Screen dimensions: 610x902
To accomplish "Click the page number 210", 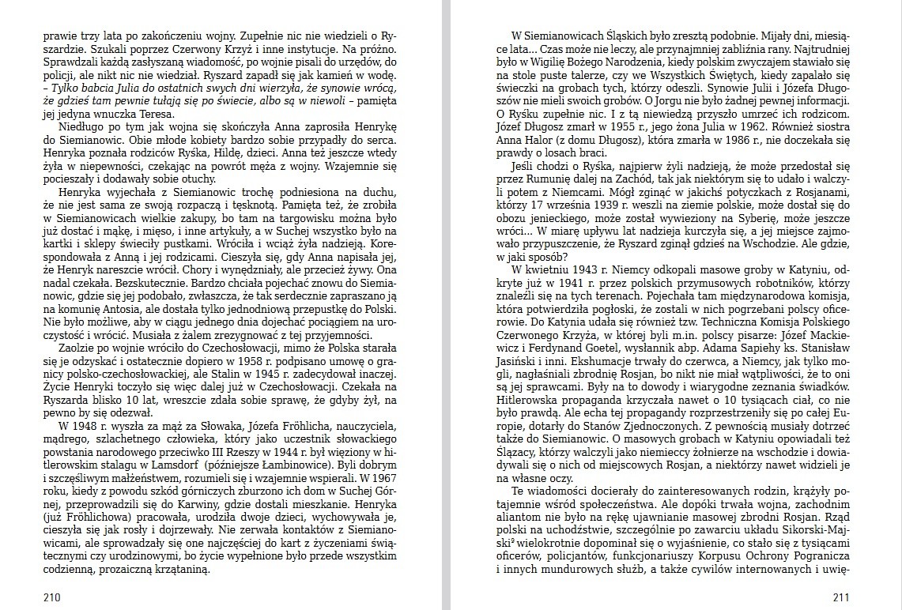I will pos(51,597).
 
